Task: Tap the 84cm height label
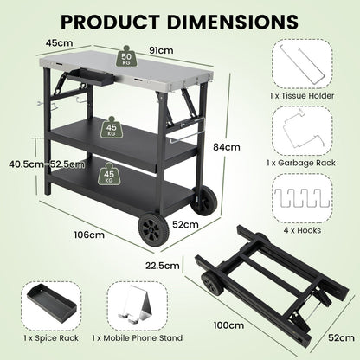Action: click(x=226, y=147)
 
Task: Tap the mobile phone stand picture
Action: click(x=136, y=304)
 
